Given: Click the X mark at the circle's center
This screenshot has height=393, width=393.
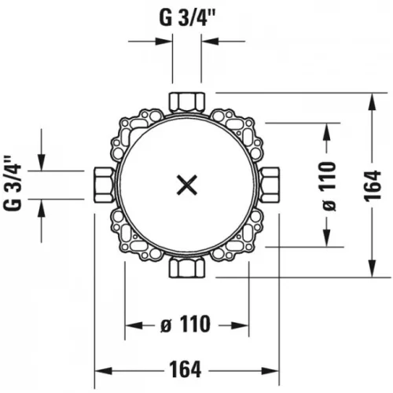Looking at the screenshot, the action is pyautogui.click(x=187, y=185).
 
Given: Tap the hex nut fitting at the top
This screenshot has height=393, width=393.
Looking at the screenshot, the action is pyautogui.click(x=187, y=102).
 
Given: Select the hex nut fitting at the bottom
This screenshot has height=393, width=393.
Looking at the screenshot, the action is pyautogui.click(x=187, y=267).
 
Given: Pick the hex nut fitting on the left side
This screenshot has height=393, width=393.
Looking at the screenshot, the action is pyautogui.click(x=104, y=185).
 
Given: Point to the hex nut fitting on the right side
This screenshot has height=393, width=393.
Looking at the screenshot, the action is pyautogui.click(x=270, y=185).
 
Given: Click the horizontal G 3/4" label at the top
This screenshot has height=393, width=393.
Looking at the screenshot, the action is pyautogui.click(x=187, y=18).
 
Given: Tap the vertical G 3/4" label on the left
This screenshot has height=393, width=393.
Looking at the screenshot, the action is pyautogui.click(x=13, y=183).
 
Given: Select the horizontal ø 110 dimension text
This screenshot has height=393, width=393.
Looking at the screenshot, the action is pyautogui.click(x=185, y=324).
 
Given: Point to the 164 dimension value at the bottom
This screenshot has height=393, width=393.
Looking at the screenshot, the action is pyautogui.click(x=185, y=369).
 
